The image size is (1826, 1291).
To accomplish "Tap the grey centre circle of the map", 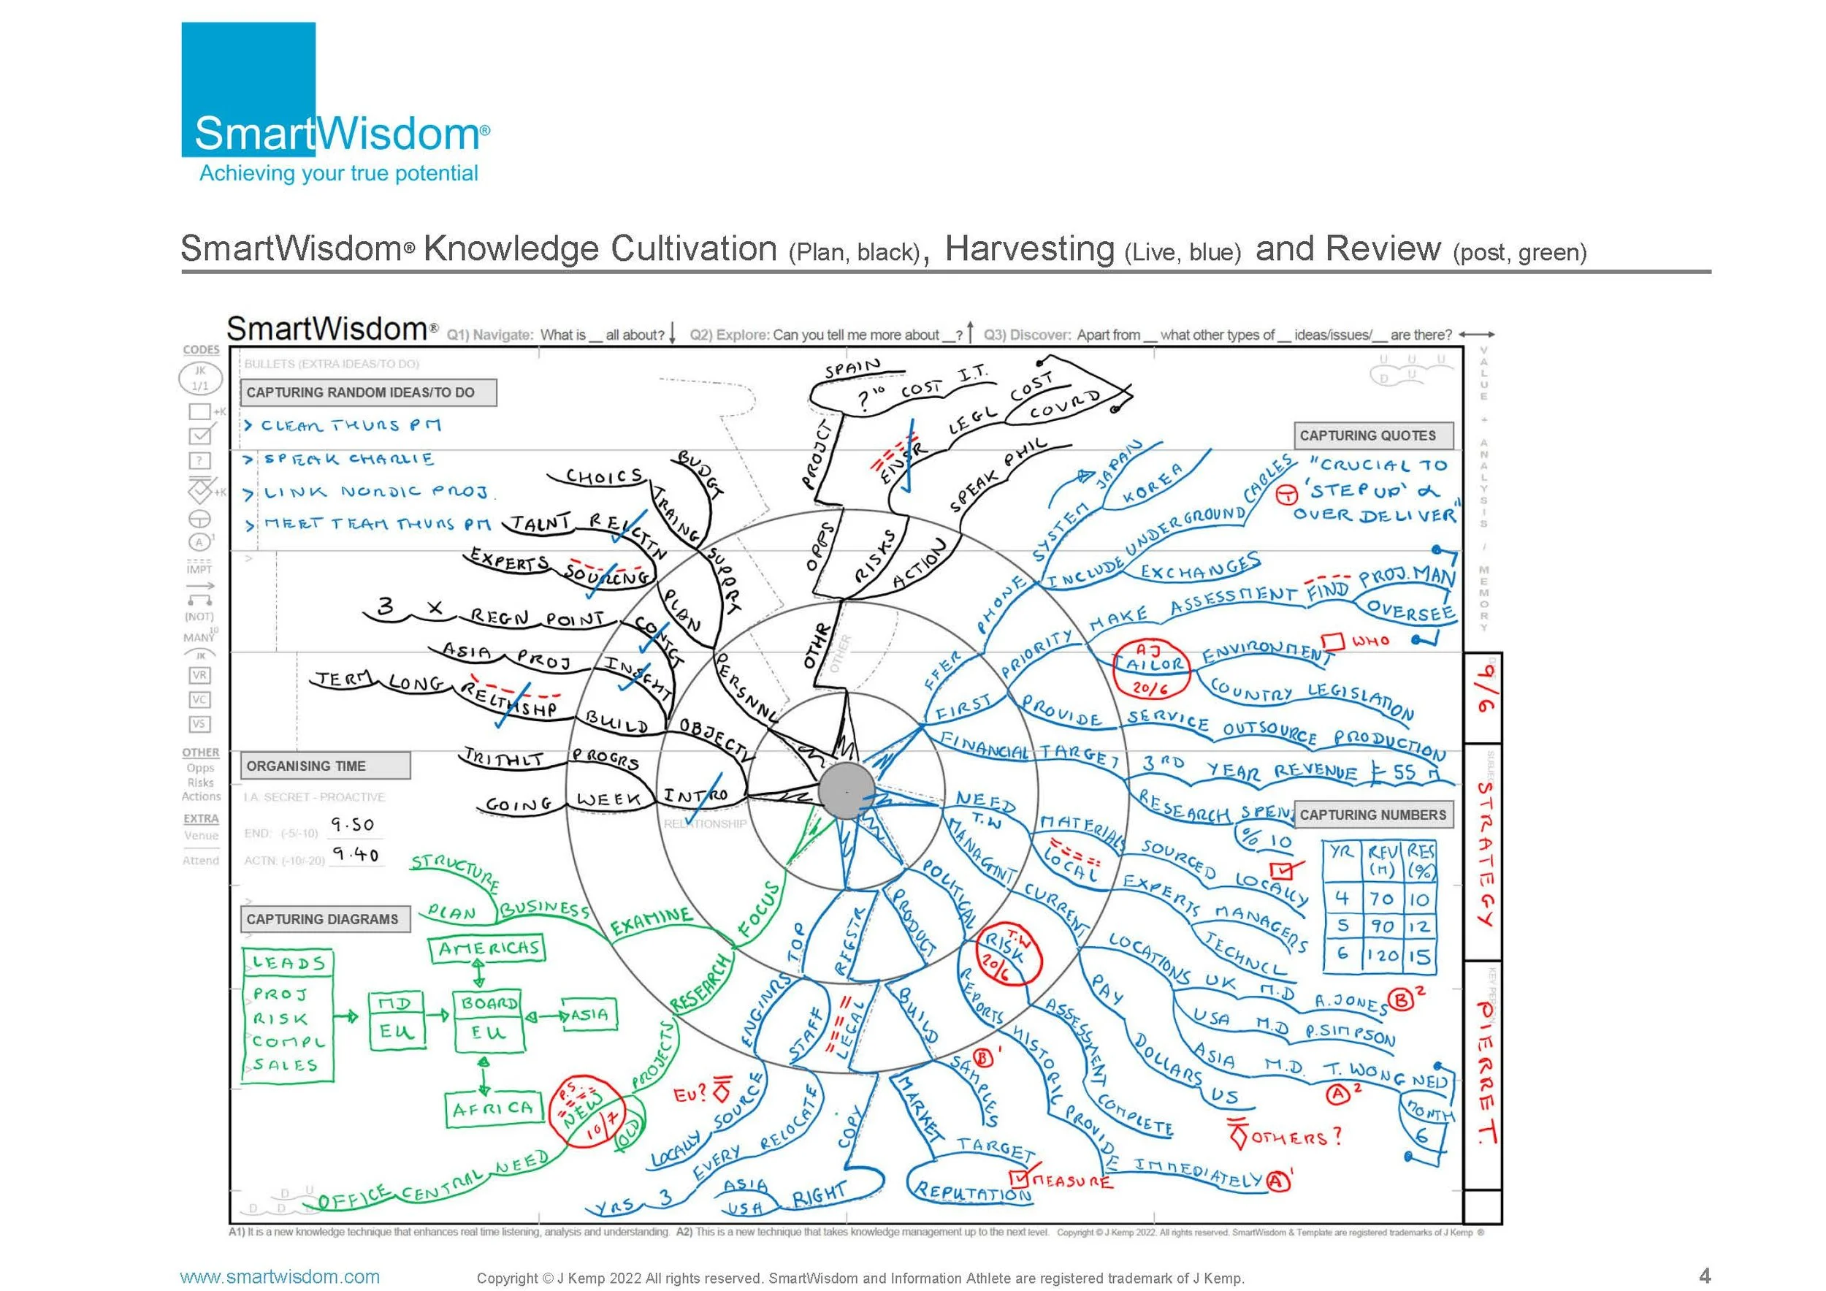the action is click(847, 790).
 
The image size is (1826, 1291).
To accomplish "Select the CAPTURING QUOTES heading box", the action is click(1372, 435).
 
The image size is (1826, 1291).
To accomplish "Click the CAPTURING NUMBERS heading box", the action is click(1372, 815).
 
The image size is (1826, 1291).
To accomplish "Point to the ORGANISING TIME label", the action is click(324, 766).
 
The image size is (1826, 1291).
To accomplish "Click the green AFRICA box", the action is click(492, 1108).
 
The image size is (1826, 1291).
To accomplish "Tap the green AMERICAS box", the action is click(487, 949).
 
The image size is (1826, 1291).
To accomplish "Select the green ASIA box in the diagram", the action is click(589, 1015).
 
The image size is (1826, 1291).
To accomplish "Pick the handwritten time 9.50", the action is click(351, 824).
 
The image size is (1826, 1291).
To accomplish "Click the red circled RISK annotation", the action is click(1004, 953).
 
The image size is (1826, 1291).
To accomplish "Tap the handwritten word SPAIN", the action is click(852, 368).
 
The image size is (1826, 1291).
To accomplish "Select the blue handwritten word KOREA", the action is click(1151, 485).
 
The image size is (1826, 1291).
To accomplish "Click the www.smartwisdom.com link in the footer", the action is click(280, 1276).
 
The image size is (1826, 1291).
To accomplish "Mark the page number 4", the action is click(1704, 1275).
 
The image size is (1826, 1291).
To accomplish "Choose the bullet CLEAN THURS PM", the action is click(350, 425).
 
